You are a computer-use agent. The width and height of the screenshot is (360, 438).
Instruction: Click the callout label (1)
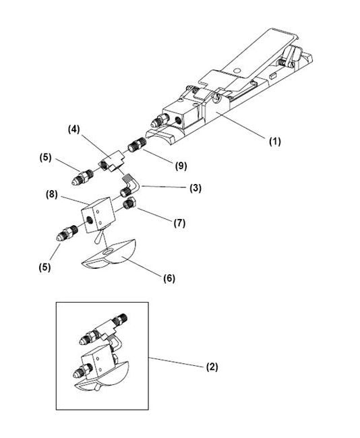coord(274,142)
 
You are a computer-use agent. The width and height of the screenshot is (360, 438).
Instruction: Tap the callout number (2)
coord(212,367)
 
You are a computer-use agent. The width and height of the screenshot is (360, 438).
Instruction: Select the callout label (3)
coord(194,188)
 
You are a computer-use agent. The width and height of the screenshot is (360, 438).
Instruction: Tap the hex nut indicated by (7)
coord(129,204)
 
